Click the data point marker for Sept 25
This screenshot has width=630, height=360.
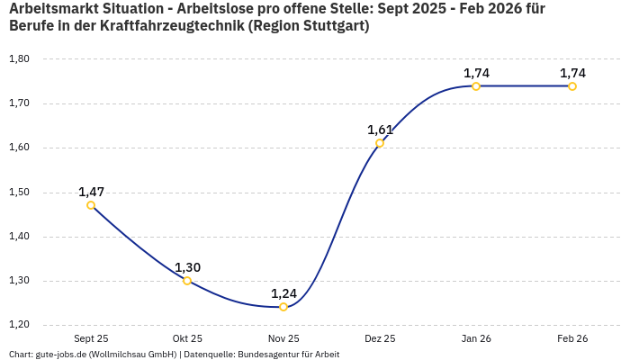pos(91,205)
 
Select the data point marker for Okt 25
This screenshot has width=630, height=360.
pos(187,281)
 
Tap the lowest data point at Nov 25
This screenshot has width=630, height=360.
pos(283,307)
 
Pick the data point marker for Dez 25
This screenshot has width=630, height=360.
pos(380,143)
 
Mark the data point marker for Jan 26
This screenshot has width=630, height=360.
pos(476,86)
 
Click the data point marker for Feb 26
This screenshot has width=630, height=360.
pos(572,86)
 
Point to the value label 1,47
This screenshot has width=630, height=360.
pos(91,192)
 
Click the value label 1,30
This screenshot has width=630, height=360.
pos(187,267)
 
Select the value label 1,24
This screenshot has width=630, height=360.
pos(283,293)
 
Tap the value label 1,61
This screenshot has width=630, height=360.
pos(380,130)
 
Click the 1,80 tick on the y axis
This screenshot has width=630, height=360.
pos(19,59)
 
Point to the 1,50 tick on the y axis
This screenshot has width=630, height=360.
pos(19,193)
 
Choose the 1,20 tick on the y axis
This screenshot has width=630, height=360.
pos(19,325)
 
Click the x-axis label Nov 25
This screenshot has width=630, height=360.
pos(283,338)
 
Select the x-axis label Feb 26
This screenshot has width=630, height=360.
pos(572,338)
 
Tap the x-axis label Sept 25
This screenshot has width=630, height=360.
pos(91,338)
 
